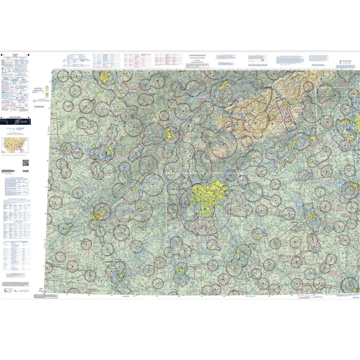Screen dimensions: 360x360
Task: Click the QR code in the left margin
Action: [25, 163]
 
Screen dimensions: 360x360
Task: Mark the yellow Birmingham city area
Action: [101, 212]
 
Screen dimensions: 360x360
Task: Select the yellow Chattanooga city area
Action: [169, 134]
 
